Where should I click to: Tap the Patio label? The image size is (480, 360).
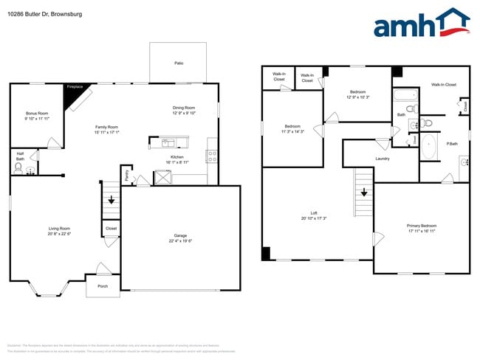[179, 63]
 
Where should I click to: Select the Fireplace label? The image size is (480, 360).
[75, 87]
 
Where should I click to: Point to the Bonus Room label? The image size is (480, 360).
[37, 114]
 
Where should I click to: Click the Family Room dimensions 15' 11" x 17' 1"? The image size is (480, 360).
[106, 133]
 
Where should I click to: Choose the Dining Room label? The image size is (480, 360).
[184, 108]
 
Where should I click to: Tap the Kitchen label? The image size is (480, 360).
[178, 156]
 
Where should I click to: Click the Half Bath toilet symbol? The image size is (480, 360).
[18, 168]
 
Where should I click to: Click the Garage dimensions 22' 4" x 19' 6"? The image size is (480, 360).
[180, 240]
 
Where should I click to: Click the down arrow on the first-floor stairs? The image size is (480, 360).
[112, 199]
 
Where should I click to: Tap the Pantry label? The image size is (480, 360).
[126, 176]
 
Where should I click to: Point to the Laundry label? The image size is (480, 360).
[383, 159]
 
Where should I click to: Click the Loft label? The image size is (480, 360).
[314, 213]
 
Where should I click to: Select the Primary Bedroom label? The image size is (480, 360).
[421, 225]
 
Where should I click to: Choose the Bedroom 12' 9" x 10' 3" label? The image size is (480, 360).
[357, 92]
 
